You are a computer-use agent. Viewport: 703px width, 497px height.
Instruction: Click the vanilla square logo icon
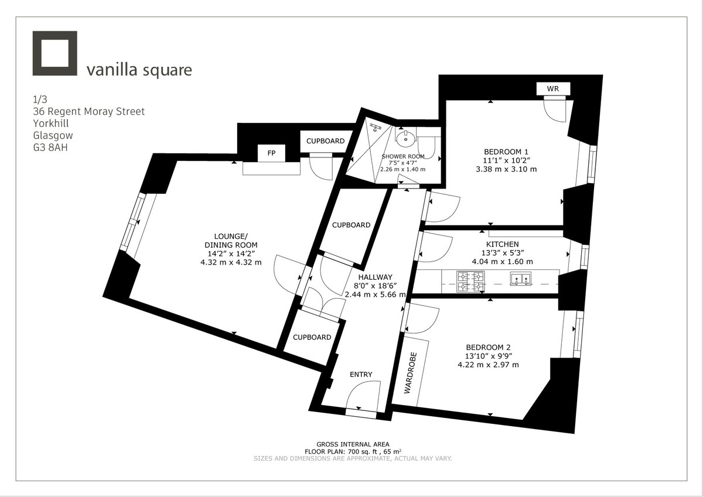(x=55, y=53)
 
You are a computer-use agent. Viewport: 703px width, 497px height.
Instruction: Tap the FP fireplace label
(x=271, y=153)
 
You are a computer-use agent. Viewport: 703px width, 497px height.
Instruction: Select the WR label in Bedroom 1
(x=552, y=89)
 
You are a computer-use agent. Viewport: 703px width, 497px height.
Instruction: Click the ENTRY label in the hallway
(x=361, y=375)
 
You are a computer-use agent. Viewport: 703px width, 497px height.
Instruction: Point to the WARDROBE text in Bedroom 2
(x=411, y=372)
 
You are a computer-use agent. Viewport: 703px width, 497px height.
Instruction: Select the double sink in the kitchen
(x=520, y=279)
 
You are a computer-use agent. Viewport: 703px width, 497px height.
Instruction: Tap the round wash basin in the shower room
(x=404, y=139)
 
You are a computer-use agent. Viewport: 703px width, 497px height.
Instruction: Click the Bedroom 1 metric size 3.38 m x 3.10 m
(x=507, y=169)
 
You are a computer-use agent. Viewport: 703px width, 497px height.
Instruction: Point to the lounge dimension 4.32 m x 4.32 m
(x=231, y=262)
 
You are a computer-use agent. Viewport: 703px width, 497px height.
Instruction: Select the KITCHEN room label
(x=502, y=244)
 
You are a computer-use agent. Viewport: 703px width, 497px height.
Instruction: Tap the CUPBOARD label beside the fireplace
(x=326, y=141)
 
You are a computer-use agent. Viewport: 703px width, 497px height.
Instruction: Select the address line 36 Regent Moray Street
(x=89, y=111)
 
